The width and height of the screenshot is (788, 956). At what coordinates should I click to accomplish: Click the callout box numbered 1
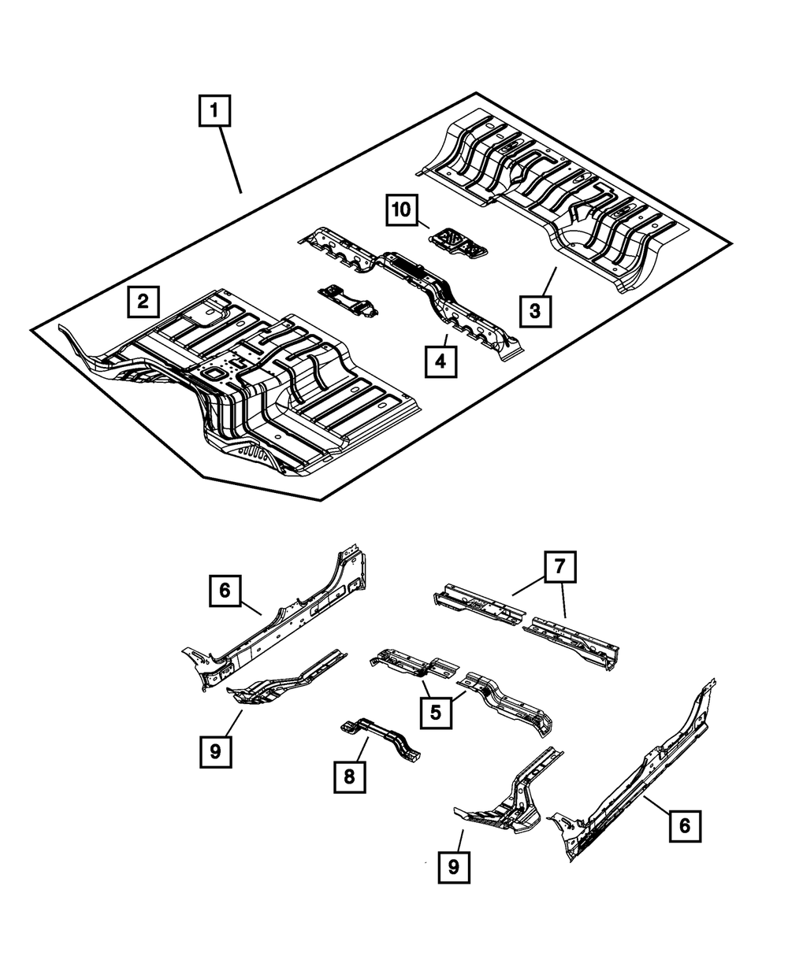tap(214, 111)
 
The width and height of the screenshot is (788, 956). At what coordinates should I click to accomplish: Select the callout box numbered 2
tap(143, 301)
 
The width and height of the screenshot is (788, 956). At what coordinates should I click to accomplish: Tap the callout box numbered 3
tap(535, 310)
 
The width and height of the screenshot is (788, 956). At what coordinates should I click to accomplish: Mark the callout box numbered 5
tap(436, 713)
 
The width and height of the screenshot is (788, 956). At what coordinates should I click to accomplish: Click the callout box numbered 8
tap(349, 776)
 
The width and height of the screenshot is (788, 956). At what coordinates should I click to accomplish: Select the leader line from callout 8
tap(359, 749)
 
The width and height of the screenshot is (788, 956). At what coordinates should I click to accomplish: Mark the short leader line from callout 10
tap(422, 224)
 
